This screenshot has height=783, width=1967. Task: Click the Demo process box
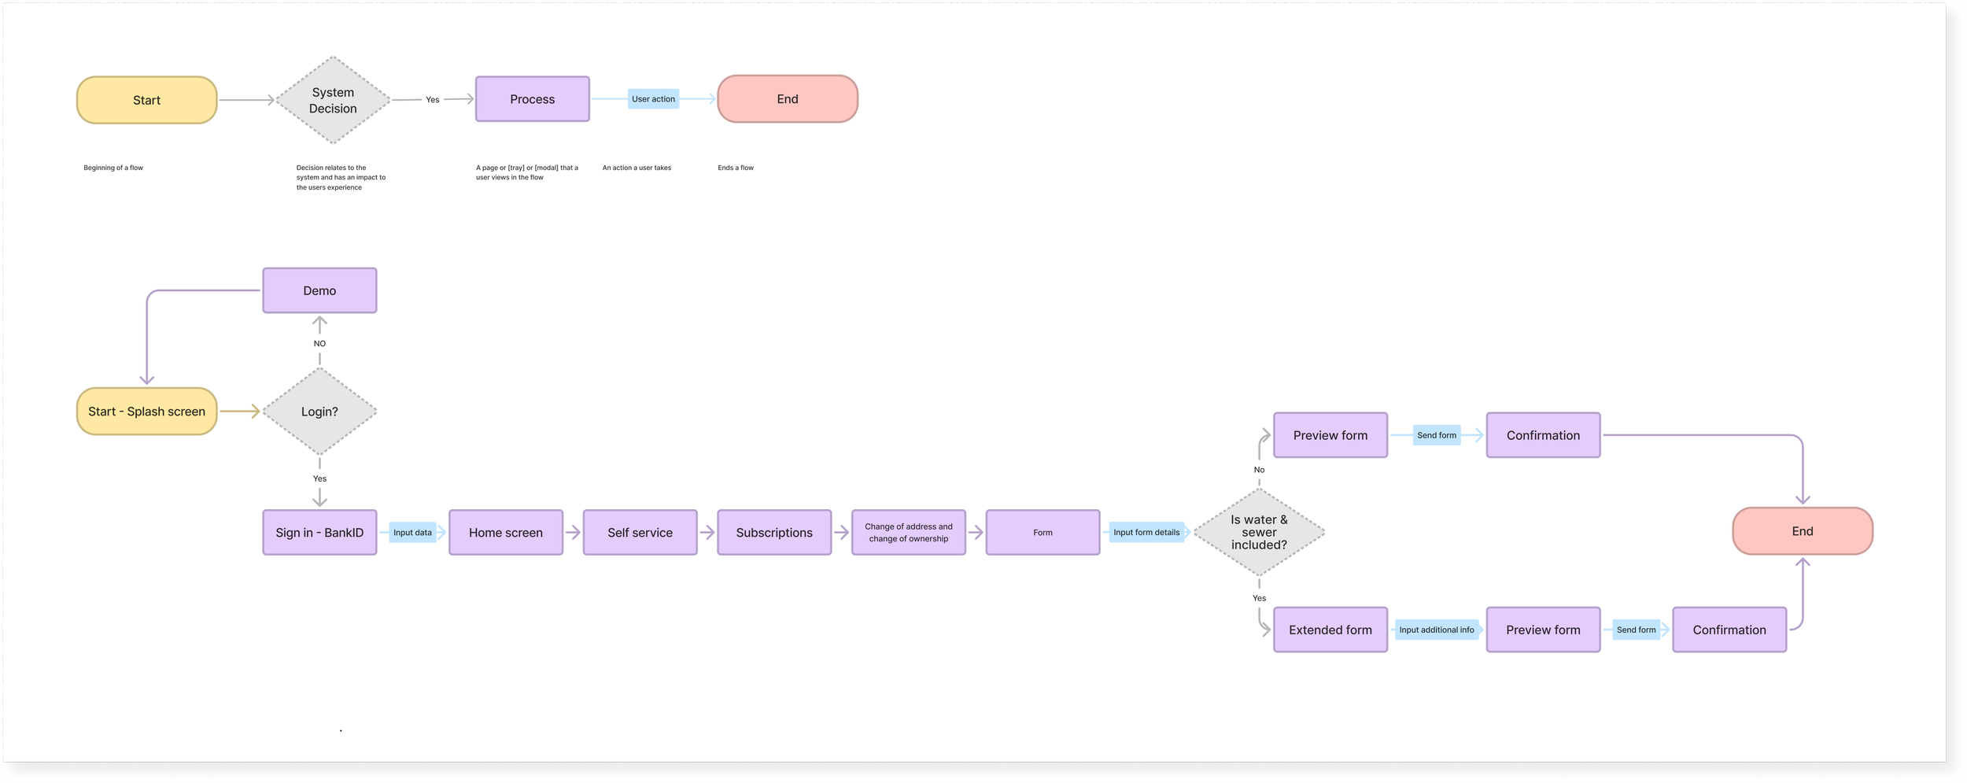point(319,290)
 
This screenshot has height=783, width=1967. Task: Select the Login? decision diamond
point(319,411)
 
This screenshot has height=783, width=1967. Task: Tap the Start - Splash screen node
point(146,411)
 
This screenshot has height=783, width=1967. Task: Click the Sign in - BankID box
point(319,532)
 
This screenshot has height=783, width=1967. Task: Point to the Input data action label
point(412,532)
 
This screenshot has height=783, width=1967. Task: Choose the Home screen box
point(505,532)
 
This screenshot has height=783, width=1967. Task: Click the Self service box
point(640,532)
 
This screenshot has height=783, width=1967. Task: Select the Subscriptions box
point(773,532)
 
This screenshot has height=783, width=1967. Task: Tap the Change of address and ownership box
point(908,532)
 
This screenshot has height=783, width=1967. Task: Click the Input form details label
point(1146,532)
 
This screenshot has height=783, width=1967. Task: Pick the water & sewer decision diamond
point(1259,532)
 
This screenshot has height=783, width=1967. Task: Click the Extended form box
point(1330,630)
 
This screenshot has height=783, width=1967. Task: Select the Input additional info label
point(1436,630)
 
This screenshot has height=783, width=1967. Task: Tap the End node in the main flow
point(1802,531)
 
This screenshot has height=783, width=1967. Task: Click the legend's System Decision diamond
point(333,100)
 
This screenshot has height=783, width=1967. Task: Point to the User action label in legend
point(653,99)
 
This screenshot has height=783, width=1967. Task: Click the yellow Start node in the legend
point(146,100)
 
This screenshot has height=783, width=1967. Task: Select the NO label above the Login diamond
point(319,343)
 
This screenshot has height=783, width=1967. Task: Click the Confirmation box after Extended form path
point(1729,630)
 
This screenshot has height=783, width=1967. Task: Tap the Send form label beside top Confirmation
point(1436,435)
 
